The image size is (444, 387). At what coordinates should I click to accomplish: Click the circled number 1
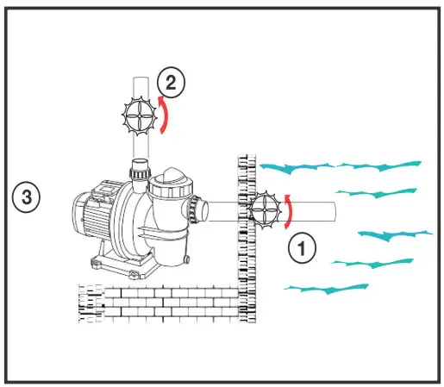302,248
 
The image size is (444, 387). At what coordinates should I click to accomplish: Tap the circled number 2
171,84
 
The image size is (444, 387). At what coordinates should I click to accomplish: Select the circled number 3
27,197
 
